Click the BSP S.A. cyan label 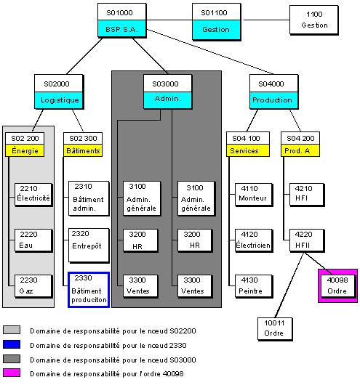click(121, 28)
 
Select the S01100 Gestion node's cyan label click(216, 30)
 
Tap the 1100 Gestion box click(313, 20)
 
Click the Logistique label click(58, 100)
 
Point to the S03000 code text click(165, 84)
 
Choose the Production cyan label click(273, 100)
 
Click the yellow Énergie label click(25, 150)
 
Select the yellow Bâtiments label click(83, 150)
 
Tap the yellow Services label click(247, 150)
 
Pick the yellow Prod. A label click(300, 150)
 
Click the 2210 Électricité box click(33, 194)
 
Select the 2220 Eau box click(33, 240)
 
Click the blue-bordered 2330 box click(89, 290)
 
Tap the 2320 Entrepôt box click(89, 245)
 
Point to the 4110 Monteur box click(254, 194)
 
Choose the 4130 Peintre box click(254, 286)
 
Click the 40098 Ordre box click(337, 285)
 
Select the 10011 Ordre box click(275, 328)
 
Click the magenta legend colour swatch click(12, 373)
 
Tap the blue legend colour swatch click(12, 344)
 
